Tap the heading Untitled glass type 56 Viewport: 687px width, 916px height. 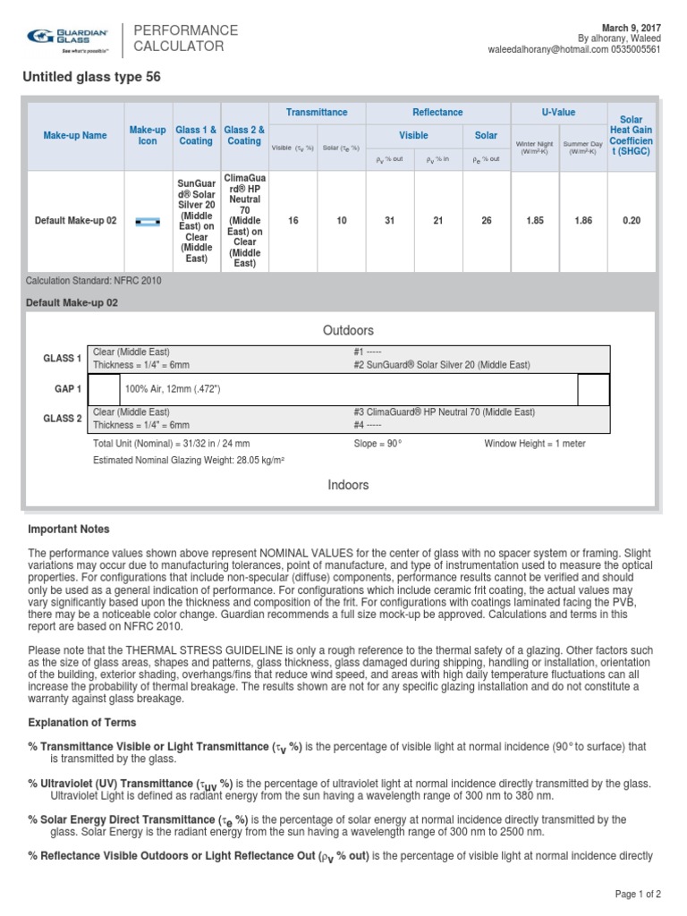pos(91,78)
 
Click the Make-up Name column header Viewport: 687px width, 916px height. pos(75,135)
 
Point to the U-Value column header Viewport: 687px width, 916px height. pos(558,113)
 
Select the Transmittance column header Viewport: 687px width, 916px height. pos(317,113)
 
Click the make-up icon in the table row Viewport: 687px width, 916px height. pos(148,220)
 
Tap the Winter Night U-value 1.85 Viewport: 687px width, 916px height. pos(534,220)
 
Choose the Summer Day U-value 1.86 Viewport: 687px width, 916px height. pos(582,220)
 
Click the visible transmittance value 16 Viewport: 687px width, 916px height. pos(293,220)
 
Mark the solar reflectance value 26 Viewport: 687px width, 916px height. pos(486,220)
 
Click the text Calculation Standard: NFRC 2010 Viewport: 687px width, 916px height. pos(94,281)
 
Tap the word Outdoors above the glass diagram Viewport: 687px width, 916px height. pos(348,331)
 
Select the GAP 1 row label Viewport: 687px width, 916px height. pos(67,389)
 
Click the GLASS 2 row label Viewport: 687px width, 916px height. pos(63,418)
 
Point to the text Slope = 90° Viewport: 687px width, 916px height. pos(378,444)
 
